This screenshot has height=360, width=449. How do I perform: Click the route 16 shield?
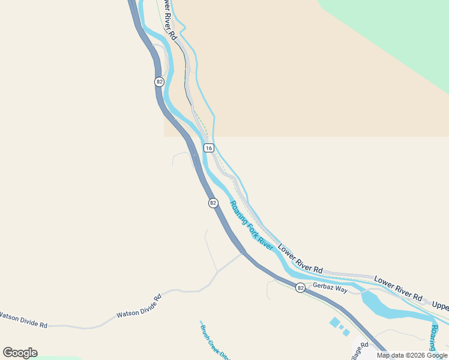208,148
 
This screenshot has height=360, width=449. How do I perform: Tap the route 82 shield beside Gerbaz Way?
300,288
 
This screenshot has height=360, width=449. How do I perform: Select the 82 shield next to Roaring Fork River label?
213,203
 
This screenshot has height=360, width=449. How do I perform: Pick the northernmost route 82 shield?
159,82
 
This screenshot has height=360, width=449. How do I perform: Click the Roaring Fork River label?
252,226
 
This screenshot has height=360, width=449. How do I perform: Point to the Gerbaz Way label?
330,289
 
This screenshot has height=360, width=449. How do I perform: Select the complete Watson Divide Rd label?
139,306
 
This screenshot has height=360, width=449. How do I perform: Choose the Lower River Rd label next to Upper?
398,288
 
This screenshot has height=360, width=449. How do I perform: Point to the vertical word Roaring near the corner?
435,339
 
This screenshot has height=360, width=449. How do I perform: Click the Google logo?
20,353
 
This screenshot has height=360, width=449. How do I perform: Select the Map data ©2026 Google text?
412,355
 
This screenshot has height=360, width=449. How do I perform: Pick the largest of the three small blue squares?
334,322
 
